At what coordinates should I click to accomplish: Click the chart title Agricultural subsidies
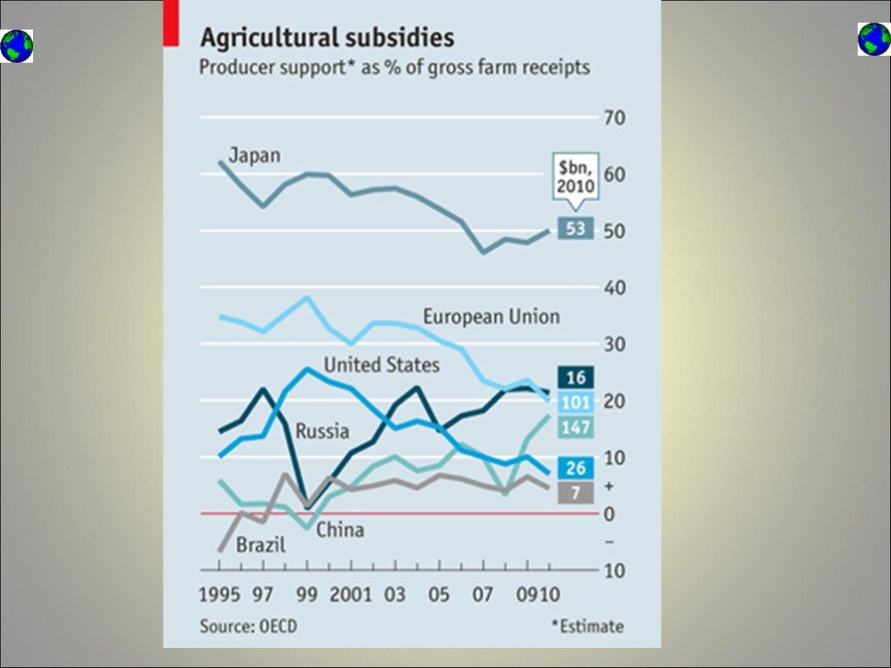click(327, 37)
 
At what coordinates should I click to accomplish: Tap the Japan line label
click(254, 156)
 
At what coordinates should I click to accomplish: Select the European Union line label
click(491, 317)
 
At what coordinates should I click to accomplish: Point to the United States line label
click(381, 364)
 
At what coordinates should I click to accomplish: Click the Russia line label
click(322, 431)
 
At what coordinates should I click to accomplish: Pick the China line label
click(339, 530)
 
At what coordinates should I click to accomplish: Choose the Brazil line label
click(260, 546)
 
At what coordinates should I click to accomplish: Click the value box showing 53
click(574, 229)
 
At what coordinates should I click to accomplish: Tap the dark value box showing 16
click(575, 377)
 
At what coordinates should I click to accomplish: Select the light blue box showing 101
click(575, 402)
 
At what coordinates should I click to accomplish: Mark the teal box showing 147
click(575, 427)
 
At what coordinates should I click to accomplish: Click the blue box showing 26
click(575, 468)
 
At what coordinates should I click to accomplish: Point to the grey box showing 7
click(575, 493)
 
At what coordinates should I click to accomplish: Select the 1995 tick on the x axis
click(221, 595)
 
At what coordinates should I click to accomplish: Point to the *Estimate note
click(586, 626)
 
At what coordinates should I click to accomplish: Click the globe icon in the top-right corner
click(874, 39)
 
